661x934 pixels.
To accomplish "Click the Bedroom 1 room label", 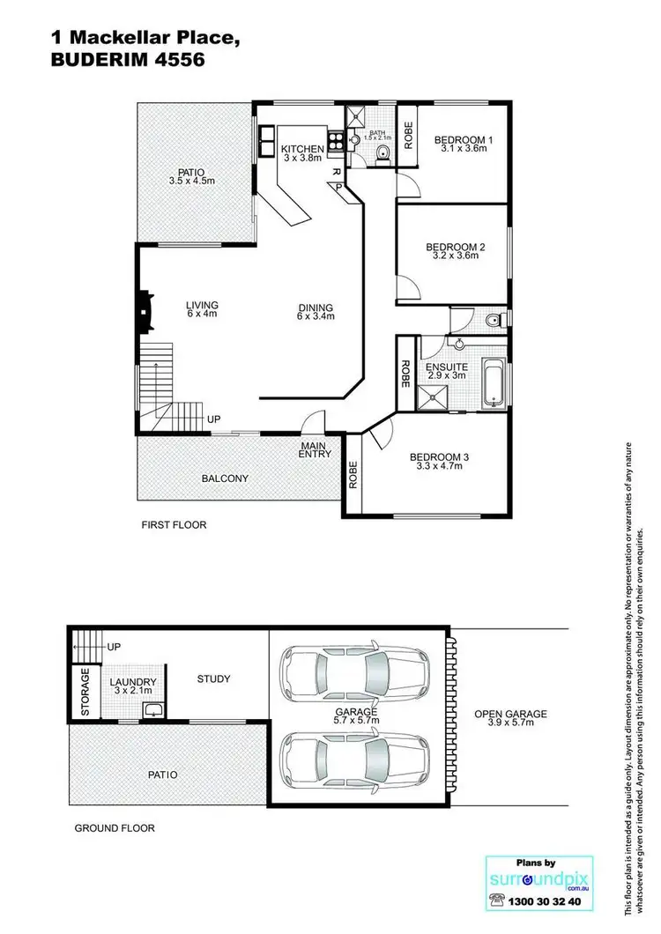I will (x=464, y=140).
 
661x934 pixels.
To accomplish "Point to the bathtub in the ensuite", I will (x=494, y=383).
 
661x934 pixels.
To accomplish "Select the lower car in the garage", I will (x=355, y=756).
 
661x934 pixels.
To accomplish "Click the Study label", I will (x=213, y=678).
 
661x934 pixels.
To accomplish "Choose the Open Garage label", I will (x=510, y=715).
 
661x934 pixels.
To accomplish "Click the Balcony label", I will (x=225, y=478).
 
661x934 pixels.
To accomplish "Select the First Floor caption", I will (x=174, y=525).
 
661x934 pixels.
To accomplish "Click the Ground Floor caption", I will (x=114, y=828).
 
